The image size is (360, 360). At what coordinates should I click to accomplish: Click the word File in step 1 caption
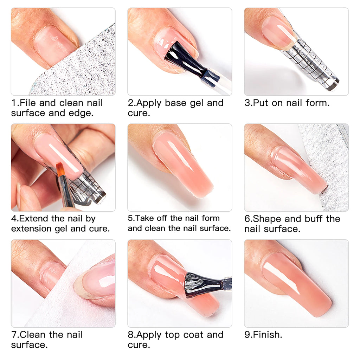(28, 103)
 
